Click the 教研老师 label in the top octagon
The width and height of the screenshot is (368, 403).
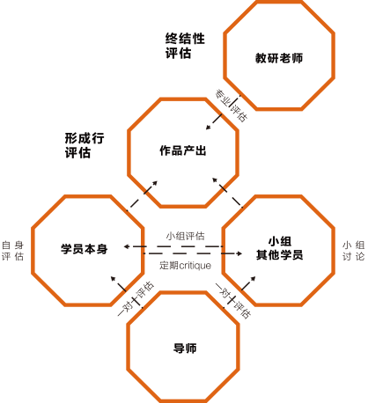[279, 58]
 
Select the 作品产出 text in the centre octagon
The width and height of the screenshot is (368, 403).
[183, 150]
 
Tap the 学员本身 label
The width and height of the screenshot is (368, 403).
[85, 249]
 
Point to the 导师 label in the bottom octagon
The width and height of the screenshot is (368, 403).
[185, 348]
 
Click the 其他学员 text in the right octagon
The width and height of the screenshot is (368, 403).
[279, 254]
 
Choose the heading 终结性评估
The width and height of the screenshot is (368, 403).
[185, 46]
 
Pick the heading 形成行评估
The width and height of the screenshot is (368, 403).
[85, 145]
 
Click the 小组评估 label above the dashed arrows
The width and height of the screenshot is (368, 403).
[185, 236]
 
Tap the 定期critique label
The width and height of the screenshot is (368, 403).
[185, 266]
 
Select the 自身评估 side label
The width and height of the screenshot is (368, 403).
[12, 251]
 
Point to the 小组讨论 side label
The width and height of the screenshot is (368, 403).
[354, 251]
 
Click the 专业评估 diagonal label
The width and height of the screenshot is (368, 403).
[232, 106]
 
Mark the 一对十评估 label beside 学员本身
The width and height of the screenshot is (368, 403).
[136, 298]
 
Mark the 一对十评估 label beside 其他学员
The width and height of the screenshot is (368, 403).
[233, 301]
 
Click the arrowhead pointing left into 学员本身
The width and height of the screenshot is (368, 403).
[127, 246]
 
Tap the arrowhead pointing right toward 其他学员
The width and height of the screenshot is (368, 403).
[239, 253]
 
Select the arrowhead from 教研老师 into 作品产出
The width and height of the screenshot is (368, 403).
[209, 127]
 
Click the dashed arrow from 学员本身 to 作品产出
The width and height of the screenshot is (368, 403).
[142, 196]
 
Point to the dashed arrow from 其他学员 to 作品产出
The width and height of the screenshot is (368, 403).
[227, 193]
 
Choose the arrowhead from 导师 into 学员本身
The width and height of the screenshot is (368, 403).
[114, 279]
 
